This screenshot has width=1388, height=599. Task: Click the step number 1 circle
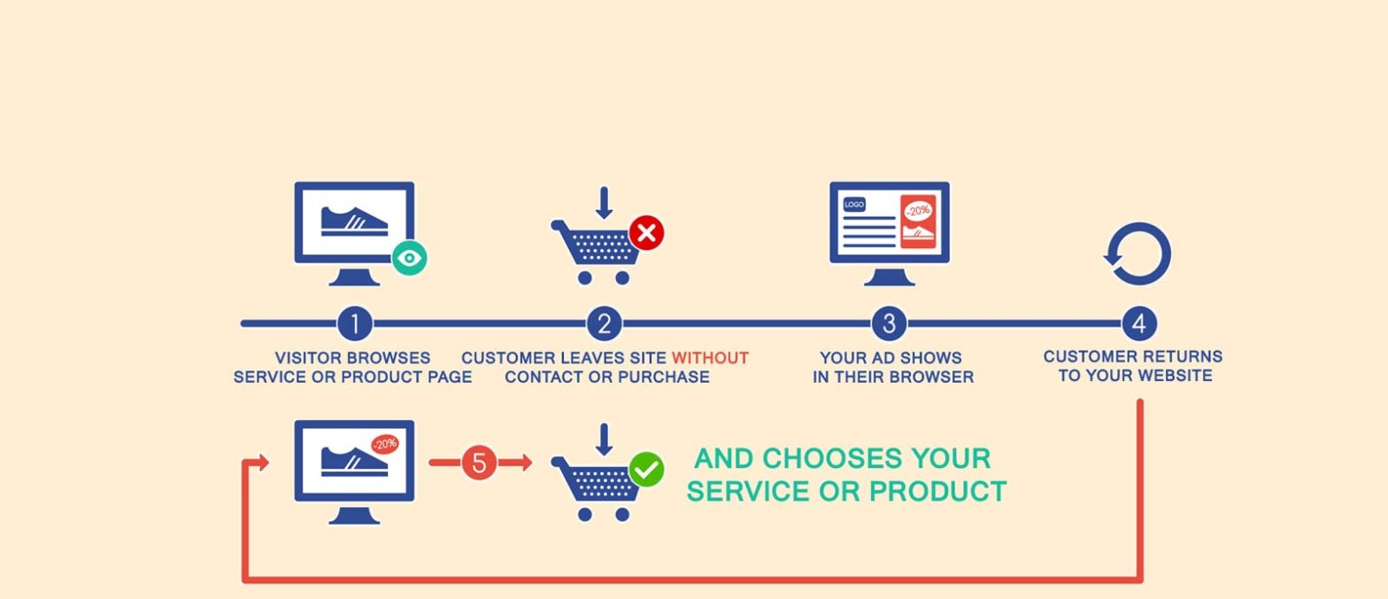pos(354,323)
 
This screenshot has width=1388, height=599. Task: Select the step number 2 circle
pos(604,323)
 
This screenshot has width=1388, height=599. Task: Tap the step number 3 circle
pos(889,323)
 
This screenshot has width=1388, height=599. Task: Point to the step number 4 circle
pos(1139,323)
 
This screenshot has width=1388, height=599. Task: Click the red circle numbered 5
pos(479,463)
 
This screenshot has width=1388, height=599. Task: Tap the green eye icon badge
pos(410,257)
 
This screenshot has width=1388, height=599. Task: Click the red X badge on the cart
pos(646,233)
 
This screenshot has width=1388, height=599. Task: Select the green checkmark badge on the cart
pos(646,470)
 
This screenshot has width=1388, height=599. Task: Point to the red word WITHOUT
pos(710,358)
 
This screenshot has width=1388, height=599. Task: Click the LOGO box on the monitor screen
pos(854,204)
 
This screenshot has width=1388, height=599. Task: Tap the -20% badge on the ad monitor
pos(918,211)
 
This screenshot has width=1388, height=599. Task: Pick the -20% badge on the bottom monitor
pos(385,444)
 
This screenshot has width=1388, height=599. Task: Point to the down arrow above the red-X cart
pos(604,203)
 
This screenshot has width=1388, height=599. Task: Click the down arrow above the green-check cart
pos(604,440)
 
